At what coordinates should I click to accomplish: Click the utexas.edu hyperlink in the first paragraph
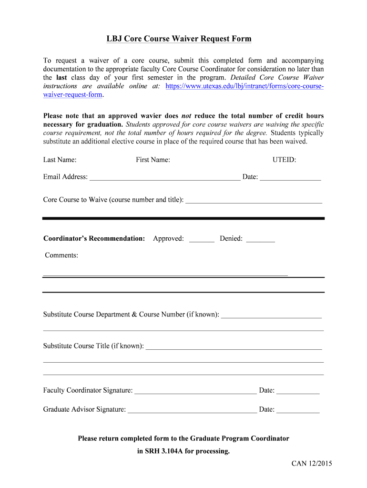click(x=244, y=86)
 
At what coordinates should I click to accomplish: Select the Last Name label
click(x=60, y=160)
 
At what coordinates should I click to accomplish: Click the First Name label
click(x=153, y=160)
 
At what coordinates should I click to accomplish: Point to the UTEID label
click(x=284, y=160)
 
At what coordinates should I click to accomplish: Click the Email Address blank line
click(x=165, y=178)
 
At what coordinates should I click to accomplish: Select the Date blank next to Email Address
click(x=290, y=178)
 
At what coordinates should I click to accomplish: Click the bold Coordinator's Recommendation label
click(x=94, y=238)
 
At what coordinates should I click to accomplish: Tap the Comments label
click(x=61, y=255)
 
